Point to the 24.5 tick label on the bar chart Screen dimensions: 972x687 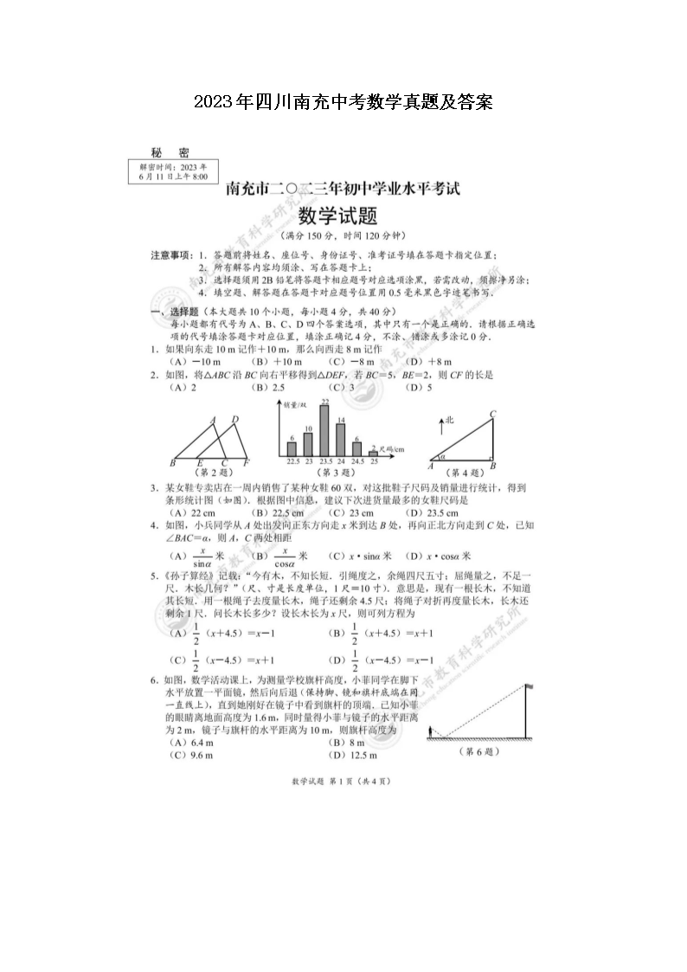(x=356, y=461)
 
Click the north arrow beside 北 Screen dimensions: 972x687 (x=440, y=426)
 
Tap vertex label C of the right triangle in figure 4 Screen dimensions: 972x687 (x=492, y=413)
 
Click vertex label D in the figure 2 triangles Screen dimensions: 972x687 (x=234, y=420)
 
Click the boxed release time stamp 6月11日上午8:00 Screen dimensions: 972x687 (x=173, y=175)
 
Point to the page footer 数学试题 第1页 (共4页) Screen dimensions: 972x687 (x=343, y=781)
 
